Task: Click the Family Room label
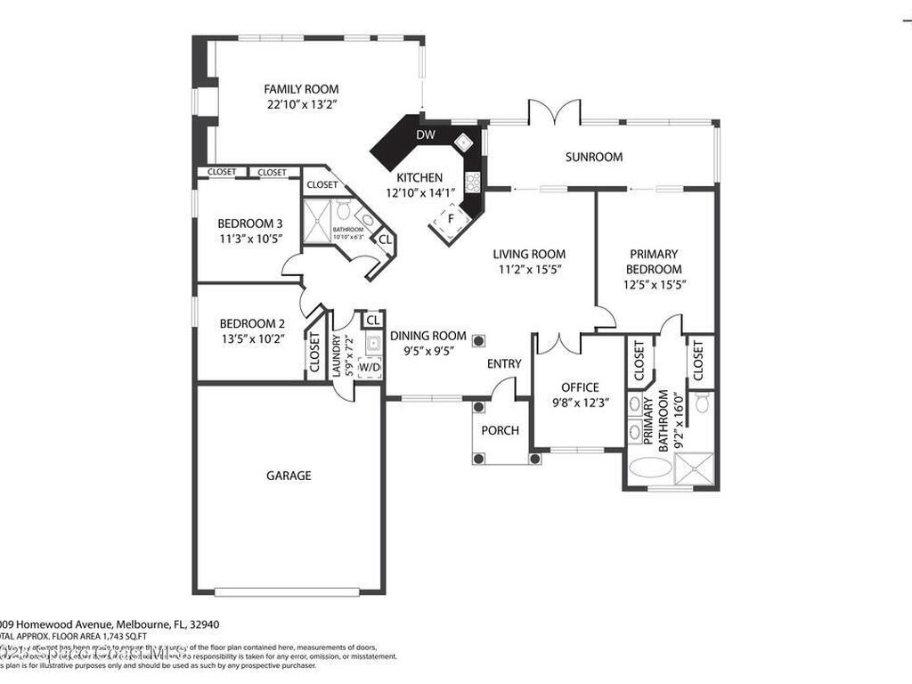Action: (x=301, y=89)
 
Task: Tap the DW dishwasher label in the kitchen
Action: (x=426, y=135)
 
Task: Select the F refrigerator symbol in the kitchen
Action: (x=451, y=218)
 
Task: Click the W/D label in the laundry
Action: (x=369, y=367)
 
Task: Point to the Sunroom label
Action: (x=593, y=157)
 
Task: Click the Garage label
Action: (x=289, y=476)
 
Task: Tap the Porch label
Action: (x=500, y=431)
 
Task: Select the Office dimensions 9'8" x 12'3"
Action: (x=580, y=403)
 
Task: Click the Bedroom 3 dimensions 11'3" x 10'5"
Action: (x=250, y=239)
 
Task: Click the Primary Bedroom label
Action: (x=654, y=261)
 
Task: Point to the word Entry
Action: (x=504, y=364)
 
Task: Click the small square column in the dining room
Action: (x=479, y=339)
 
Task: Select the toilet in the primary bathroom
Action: (x=702, y=403)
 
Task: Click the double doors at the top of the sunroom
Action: (x=554, y=114)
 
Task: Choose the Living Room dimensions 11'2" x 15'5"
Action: (x=529, y=268)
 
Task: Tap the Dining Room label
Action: (x=427, y=336)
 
